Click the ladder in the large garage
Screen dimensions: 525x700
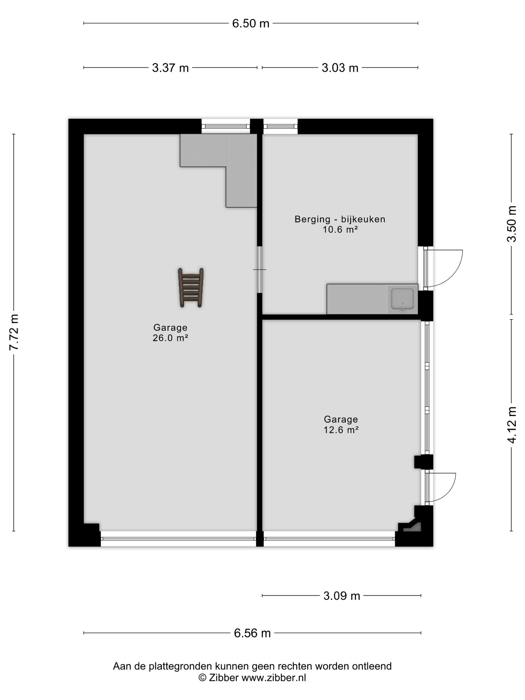point(190,288)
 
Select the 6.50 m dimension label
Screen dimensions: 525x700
point(251,23)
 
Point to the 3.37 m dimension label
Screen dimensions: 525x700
point(170,68)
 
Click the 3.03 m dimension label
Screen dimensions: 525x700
point(340,68)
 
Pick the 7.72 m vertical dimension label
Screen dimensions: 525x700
point(14,332)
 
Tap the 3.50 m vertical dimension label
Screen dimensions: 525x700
point(512,224)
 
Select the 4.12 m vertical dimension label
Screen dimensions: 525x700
point(512,425)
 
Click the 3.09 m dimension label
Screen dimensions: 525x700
point(342,596)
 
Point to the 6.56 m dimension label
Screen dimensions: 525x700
point(252,633)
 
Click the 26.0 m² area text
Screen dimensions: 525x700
point(170,338)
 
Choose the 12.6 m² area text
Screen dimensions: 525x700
point(341,430)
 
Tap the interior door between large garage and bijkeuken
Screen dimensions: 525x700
point(259,269)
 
